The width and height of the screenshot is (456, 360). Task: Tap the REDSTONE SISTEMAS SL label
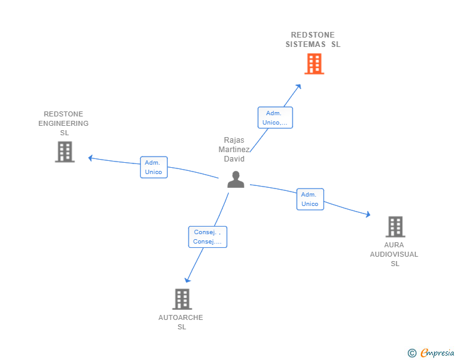pyautogui.click(x=313, y=39)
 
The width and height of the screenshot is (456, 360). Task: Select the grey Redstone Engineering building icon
pyautogui.click(x=65, y=152)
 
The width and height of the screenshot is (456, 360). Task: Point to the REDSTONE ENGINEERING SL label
pyautogui.click(x=63, y=123)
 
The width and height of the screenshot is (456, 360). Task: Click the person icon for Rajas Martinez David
pyautogui.click(x=236, y=180)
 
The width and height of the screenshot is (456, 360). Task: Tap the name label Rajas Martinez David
pyautogui.click(x=234, y=150)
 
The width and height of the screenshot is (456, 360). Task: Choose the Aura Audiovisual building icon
pyautogui.click(x=395, y=227)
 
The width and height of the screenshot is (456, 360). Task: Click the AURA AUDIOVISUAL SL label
pyautogui.click(x=394, y=254)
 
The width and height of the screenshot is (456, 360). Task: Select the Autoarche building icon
pyautogui.click(x=182, y=299)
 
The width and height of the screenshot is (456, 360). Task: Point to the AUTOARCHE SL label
pyautogui.click(x=181, y=322)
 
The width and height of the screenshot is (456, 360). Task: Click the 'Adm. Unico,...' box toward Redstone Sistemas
pyautogui.click(x=275, y=118)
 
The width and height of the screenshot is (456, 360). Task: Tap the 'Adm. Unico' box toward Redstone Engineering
pyautogui.click(x=153, y=167)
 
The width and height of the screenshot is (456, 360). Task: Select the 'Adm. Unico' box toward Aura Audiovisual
pyautogui.click(x=310, y=199)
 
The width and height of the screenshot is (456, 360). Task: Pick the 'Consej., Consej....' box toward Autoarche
pyautogui.click(x=207, y=237)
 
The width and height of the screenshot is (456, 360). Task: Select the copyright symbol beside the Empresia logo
pyautogui.click(x=412, y=353)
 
